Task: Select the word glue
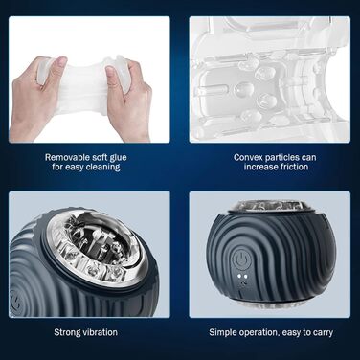coord(118,158)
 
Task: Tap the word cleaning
coord(102,167)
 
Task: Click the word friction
coord(294,167)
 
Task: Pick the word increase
coord(260,167)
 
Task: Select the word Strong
coord(66,332)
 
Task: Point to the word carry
coord(323,332)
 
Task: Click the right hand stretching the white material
coord(130,99)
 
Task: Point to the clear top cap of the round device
coord(271,208)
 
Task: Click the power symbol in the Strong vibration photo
coord(14,302)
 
